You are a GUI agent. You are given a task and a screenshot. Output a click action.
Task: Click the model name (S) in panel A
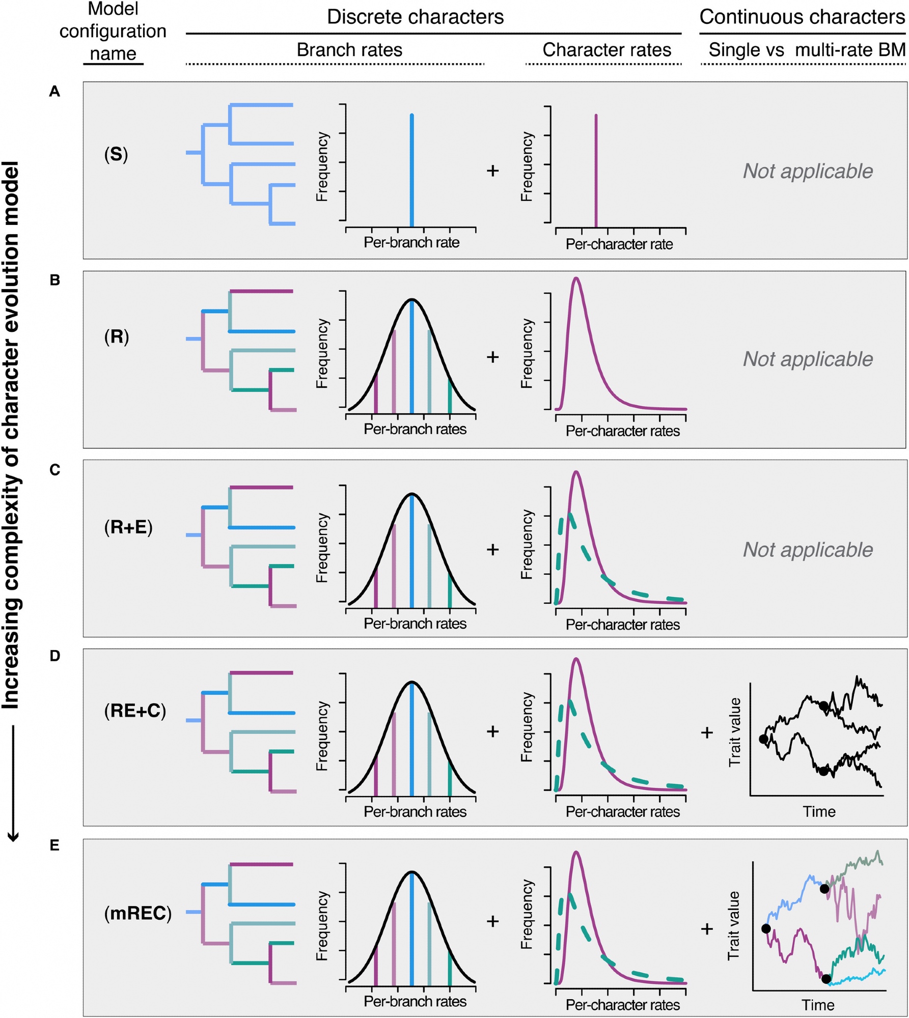click(x=116, y=154)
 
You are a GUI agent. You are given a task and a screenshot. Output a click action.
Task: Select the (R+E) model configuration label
click(x=128, y=527)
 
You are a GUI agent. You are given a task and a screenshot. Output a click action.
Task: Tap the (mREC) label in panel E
click(x=137, y=913)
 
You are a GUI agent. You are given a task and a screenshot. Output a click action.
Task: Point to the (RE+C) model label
click(x=135, y=711)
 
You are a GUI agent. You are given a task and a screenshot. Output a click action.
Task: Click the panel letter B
click(x=55, y=280)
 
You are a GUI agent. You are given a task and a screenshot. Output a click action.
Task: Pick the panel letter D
click(x=55, y=656)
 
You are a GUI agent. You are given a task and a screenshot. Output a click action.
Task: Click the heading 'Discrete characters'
click(x=415, y=17)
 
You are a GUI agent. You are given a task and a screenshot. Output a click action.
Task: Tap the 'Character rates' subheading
click(x=607, y=50)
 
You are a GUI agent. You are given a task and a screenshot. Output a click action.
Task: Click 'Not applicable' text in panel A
click(x=808, y=172)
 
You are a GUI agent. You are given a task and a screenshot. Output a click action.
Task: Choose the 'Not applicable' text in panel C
click(x=808, y=550)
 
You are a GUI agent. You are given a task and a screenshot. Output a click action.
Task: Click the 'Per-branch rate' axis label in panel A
click(x=411, y=243)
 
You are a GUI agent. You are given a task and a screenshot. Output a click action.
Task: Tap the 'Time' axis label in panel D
click(x=819, y=811)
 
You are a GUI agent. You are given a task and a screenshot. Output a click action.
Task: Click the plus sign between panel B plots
click(x=492, y=357)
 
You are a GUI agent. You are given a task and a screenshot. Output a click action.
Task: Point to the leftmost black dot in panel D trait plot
click(x=763, y=739)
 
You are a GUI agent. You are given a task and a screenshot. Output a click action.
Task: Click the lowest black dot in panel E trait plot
click(x=826, y=979)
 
